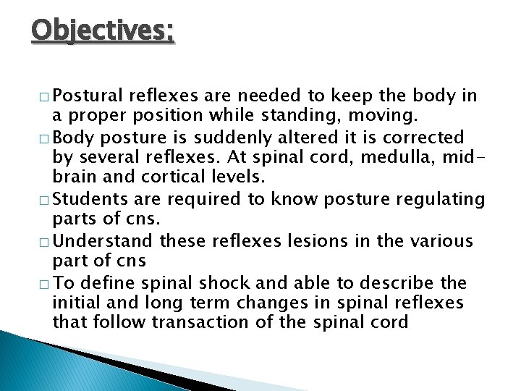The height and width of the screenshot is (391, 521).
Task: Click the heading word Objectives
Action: [103, 32]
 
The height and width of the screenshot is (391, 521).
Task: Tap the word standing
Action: [326, 116]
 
